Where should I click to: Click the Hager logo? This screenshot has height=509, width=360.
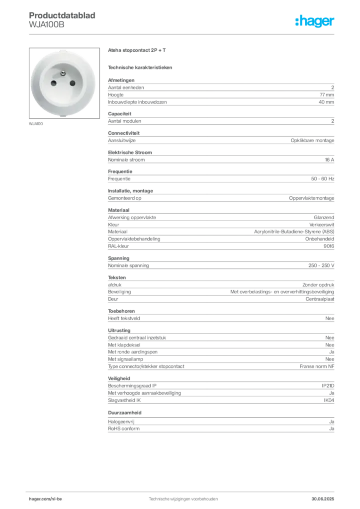click(x=315, y=21)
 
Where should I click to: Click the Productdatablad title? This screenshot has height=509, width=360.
click(x=62, y=15)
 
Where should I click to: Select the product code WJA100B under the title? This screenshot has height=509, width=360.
click(x=46, y=25)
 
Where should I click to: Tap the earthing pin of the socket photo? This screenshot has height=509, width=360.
click(x=63, y=74)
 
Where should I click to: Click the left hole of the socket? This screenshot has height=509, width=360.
click(x=54, y=84)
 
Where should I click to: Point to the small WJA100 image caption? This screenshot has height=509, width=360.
click(x=36, y=124)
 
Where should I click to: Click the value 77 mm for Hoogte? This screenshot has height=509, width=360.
click(x=327, y=95)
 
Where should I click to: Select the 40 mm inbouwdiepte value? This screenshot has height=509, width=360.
click(x=326, y=102)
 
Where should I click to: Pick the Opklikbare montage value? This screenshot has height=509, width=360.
click(x=312, y=141)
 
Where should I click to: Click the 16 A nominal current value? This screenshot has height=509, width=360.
click(x=330, y=160)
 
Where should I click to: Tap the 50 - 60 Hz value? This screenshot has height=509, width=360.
click(x=323, y=179)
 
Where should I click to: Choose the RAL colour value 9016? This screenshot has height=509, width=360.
click(x=329, y=246)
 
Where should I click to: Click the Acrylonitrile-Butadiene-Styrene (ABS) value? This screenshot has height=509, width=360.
click(x=294, y=232)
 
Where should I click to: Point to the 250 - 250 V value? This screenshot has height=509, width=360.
click(x=321, y=265)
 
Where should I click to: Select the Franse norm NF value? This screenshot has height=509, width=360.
click(x=317, y=366)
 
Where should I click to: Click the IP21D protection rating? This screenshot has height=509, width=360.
click(x=328, y=386)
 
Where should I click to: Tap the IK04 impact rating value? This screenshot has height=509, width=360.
click(x=329, y=400)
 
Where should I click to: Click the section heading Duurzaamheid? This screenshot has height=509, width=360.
click(x=125, y=413)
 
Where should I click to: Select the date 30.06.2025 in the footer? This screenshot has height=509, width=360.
click(x=323, y=499)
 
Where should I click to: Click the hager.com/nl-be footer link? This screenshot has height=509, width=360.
click(x=45, y=499)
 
